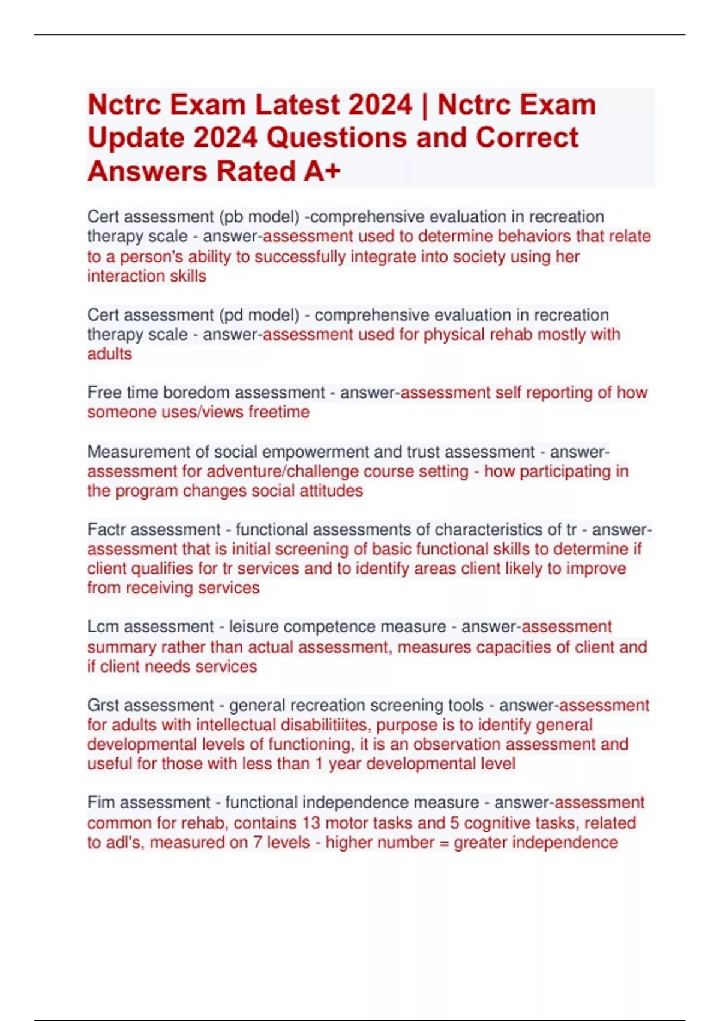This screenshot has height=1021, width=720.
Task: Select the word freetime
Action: [279, 413]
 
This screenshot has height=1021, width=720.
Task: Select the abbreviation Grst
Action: [104, 706]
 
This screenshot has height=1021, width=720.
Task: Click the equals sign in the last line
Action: [444, 843]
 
